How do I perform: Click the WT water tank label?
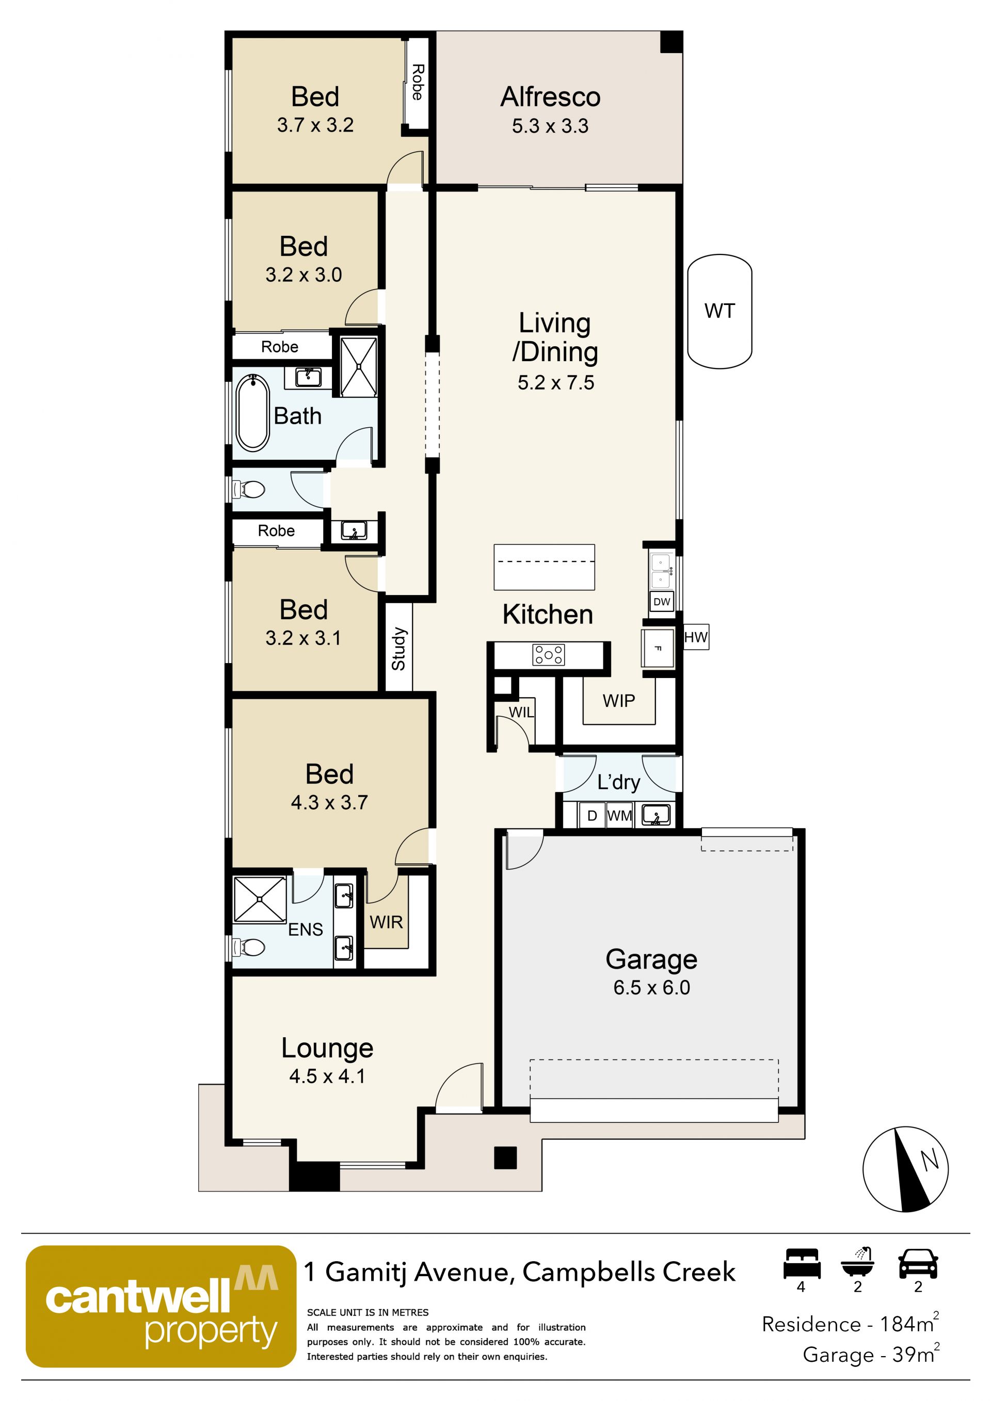click(720, 311)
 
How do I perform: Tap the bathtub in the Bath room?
click(252, 413)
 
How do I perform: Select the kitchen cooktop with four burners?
click(549, 655)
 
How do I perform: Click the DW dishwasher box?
click(662, 602)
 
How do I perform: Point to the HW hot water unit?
click(696, 638)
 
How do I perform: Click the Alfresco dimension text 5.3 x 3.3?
click(550, 126)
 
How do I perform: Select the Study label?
click(398, 649)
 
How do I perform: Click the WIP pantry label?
click(619, 701)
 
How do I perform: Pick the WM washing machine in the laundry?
click(620, 815)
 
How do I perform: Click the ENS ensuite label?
click(306, 929)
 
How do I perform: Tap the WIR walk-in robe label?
click(386, 922)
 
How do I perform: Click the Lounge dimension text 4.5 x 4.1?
click(328, 1076)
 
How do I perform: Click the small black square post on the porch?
click(505, 1157)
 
